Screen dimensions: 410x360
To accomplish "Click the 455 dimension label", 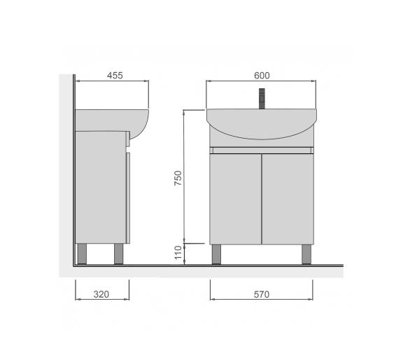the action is pyautogui.click(x=115, y=76).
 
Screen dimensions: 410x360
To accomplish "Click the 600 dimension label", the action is pyautogui.click(x=262, y=76).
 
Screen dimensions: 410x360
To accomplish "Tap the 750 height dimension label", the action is pyautogui.click(x=178, y=178).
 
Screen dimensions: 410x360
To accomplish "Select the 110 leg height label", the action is pyautogui.click(x=178, y=252).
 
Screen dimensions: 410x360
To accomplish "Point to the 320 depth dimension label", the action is pyautogui.click(x=101, y=294).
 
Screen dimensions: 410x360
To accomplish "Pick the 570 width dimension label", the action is pyautogui.click(x=262, y=294).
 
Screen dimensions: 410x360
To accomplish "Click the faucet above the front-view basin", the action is pyautogui.click(x=262, y=99).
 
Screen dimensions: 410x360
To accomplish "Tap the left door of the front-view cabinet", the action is pyautogui.click(x=235, y=199).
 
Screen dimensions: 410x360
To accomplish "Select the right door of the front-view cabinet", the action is pyautogui.click(x=288, y=199).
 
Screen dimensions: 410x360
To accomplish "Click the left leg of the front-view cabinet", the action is pyautogui.click(x=216, y=254).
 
